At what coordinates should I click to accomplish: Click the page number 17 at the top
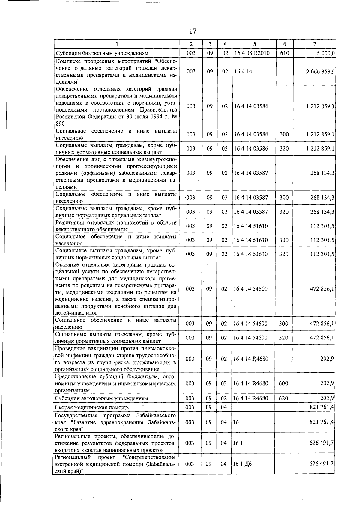pos(193,31)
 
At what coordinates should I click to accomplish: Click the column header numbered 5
pos(254,44)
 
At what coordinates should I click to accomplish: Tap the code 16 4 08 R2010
pos(252,53)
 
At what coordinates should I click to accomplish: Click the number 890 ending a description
pos(60,124)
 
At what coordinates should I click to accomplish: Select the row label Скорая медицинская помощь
pos(92,407)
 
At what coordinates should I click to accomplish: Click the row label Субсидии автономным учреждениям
pos(101,398)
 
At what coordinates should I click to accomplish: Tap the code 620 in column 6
pos(283,398)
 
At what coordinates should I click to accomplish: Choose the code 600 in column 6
pos(283,383)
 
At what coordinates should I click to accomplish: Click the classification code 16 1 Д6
pos(243,464)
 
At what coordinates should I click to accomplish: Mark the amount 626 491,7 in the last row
pos(322,464)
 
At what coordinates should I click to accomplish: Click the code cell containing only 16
pos(236,422)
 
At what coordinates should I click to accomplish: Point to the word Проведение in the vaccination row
pos(70,348)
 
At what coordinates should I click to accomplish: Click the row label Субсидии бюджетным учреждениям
pos(102,53)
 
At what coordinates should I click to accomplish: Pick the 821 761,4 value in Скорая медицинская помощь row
pos(322,407)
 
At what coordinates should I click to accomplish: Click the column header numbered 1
pos(117,44)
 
